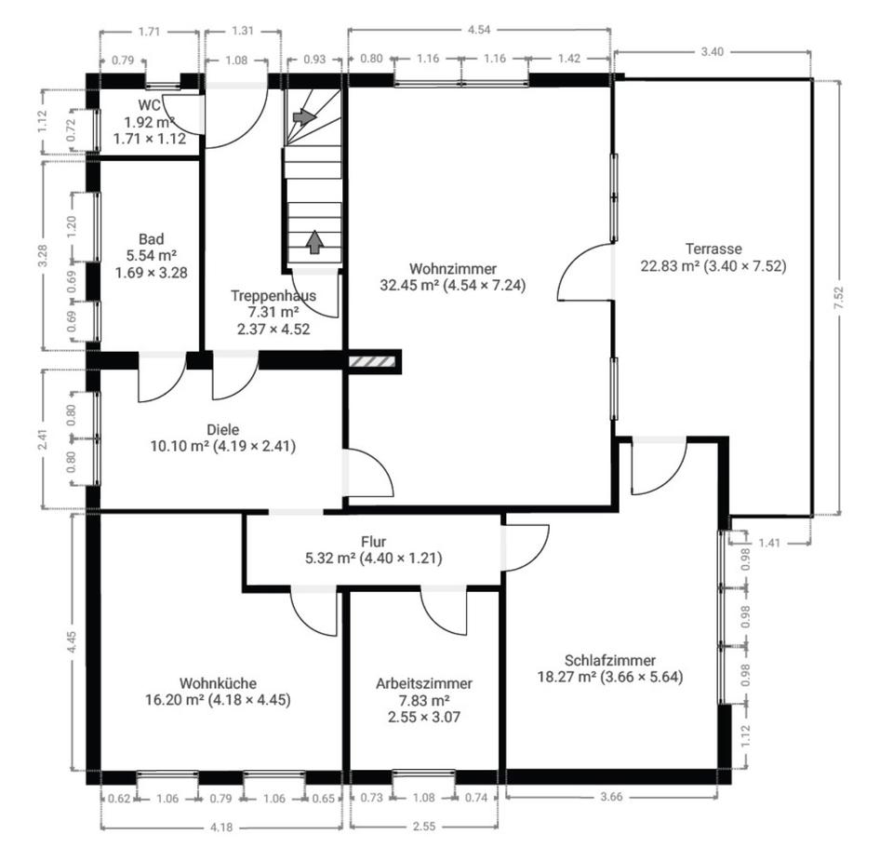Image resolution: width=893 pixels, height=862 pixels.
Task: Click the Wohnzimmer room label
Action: pos(453,268)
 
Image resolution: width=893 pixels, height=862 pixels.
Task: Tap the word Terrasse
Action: pos(713,249)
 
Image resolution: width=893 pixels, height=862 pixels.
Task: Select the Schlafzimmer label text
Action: pos(610,660)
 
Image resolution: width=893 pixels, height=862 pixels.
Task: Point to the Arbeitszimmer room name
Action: pos(424,683)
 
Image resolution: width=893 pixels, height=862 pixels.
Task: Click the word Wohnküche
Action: pos(218,683)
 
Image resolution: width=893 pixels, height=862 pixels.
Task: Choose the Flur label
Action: pos(374,542)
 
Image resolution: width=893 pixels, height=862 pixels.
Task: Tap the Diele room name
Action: pos(222,430)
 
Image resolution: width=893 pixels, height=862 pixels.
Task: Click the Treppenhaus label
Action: pos(273,295)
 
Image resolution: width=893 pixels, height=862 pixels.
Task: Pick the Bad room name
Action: pos(152,239)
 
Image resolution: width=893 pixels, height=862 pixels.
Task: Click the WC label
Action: pos(149,105)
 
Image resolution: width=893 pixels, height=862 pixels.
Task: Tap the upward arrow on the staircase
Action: pos(314,242)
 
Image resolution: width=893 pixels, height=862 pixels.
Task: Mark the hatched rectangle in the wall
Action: pos(372,361)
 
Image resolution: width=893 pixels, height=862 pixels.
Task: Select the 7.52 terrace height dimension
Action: pos(838,298)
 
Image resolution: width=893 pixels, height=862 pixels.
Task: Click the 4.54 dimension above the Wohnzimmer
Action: pos(479,30)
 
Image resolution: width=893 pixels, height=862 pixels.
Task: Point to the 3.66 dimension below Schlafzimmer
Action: pos(611,797)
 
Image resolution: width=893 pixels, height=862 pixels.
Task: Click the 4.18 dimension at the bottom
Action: pos(221,828)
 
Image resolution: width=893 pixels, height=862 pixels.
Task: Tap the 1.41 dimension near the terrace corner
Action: pos(769,543)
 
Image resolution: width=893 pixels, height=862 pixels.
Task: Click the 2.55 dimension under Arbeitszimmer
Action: pos(424,826)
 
